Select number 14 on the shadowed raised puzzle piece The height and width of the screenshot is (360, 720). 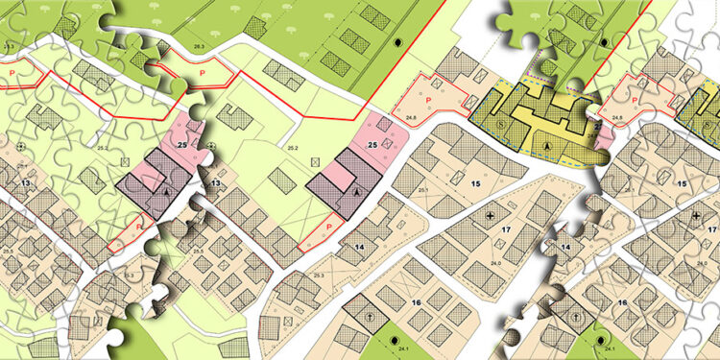point(566,248)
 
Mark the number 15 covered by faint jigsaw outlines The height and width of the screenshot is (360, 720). point(683,182)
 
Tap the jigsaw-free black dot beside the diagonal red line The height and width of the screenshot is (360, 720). point(399,44)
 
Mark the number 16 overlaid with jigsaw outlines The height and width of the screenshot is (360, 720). point(624,302)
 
